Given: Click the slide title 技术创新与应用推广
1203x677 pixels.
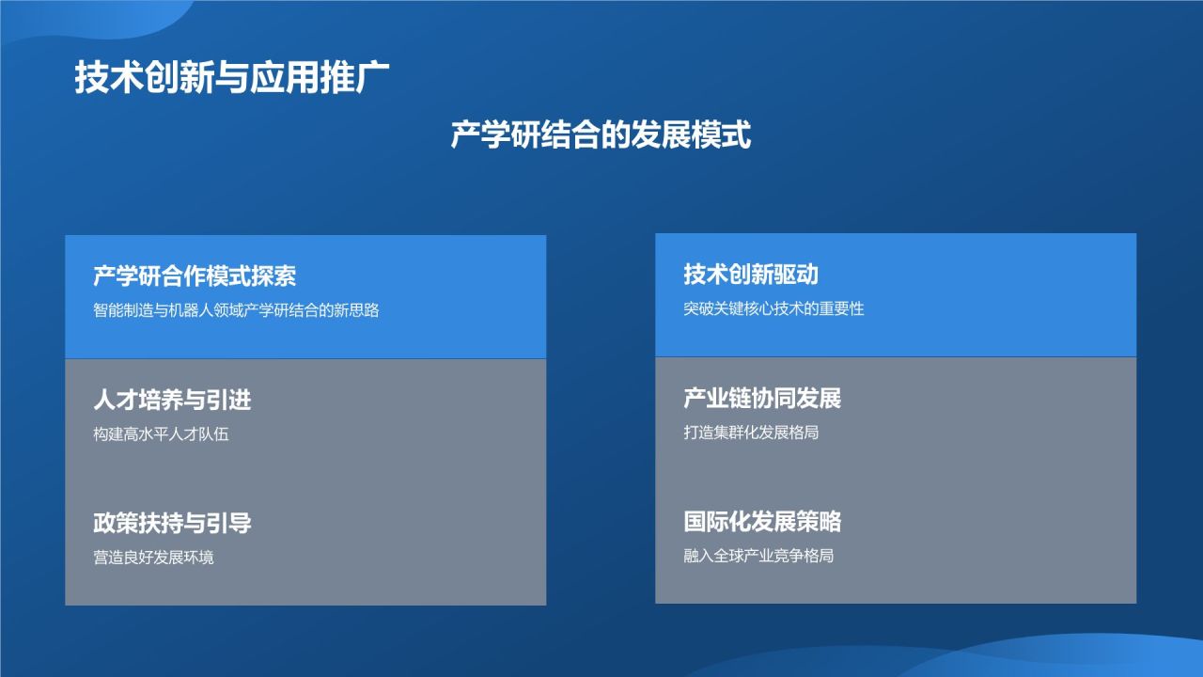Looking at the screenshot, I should click(232, 78).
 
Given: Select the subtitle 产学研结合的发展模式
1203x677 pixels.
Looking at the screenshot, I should click(601, 134).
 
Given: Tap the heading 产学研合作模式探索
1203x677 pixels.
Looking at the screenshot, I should click(195, 276).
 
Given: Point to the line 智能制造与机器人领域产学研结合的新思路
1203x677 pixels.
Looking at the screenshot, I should click(236, 309).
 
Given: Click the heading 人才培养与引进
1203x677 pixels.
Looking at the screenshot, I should click(172, 400).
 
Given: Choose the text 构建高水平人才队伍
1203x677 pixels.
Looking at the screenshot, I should click(161, 433).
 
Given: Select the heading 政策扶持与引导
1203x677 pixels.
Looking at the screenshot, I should click(172, 523).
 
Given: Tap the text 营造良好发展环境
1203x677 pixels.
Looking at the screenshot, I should click(153, 557).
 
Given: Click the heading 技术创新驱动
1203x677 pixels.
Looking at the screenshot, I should click(751, 274).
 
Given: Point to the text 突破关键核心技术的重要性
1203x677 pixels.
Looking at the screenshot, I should click(773, 307).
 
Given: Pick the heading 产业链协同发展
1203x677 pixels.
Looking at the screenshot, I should click(762, 398).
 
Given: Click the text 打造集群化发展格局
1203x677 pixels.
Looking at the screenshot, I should click(751, 433).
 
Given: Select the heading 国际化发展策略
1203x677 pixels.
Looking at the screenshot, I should click(762, 521).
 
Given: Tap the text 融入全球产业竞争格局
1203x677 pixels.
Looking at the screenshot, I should click(758, 555).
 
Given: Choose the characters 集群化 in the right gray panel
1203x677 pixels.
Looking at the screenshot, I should click(736, 433).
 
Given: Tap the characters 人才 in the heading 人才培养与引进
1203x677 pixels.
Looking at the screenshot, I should click(116, 400).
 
